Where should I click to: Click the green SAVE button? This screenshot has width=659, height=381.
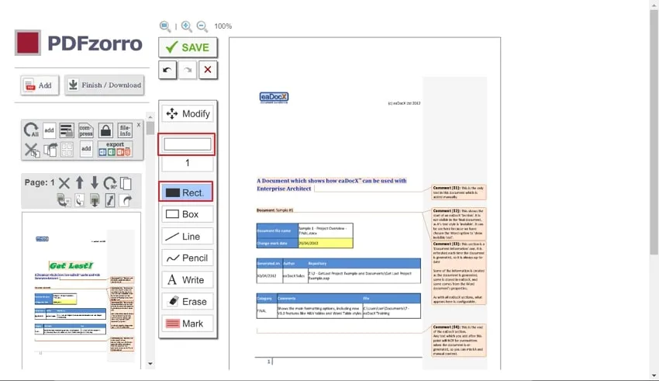pos(188,47)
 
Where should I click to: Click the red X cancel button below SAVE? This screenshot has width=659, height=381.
pos(208,71)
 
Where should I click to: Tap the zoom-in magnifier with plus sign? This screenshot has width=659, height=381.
pos(186,26)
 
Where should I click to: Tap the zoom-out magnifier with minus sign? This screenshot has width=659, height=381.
pos(202,26)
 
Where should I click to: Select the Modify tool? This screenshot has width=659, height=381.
pos(188,114)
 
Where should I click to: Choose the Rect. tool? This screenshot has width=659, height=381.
pos(186,192)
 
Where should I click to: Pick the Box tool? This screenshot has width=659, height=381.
pos(188,214)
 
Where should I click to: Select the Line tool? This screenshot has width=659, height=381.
pos(188,236)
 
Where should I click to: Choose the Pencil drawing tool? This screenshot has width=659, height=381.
pos(188,258)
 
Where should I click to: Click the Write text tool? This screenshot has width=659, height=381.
pos(188,279)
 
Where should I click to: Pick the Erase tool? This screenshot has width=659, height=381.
pos(188,301)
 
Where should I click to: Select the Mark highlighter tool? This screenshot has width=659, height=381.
pos(188,323)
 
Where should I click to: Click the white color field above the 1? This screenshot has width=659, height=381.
pos(187,144)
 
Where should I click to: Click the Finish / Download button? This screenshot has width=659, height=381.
pos(105,85)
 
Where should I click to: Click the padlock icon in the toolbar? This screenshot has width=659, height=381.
pos(105,130)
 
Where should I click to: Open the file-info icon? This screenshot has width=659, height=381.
pos(125,130)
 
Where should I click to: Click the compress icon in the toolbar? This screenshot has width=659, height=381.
pos(86,130)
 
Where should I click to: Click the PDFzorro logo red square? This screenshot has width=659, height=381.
pos(28,43)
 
